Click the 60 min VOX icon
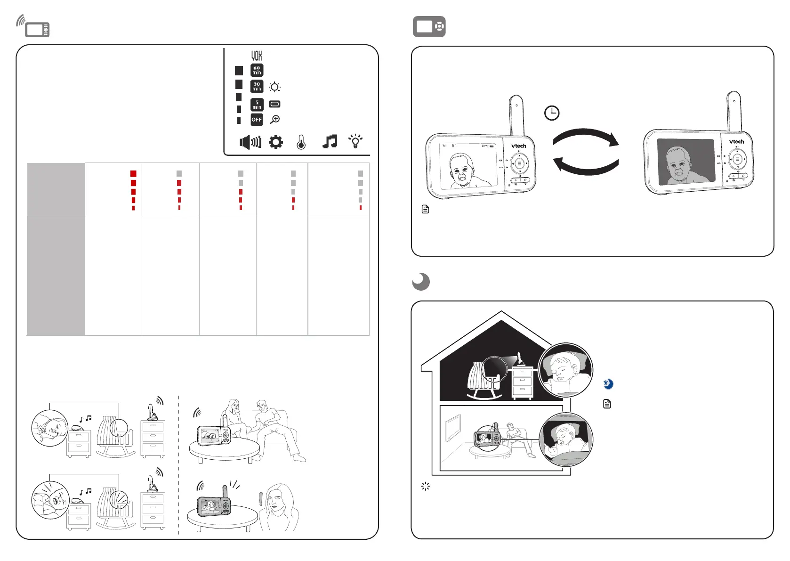[x=257, y=70]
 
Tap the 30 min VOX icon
[x=257, y=87]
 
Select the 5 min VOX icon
[x=257, y=104]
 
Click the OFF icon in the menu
[x=257, y=120]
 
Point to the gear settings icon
[x=276, y=142]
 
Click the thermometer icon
[x=301, y=142]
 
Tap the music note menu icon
[x=330, y=141]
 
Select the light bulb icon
[x=355, y=141]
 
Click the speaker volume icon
[x=250, y=142]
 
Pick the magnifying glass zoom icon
[x=275, y=120]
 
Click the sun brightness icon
[x=275, y=87]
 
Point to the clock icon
[x=552, y=113]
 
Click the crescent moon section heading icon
[x=421, y=282]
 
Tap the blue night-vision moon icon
[x=608, y=384]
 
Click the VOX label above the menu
[x=257, y=56]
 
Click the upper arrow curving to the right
[x=586, y=137]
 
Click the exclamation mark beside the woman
[x=260, y=499]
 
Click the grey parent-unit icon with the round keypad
[x=429, y=27]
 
